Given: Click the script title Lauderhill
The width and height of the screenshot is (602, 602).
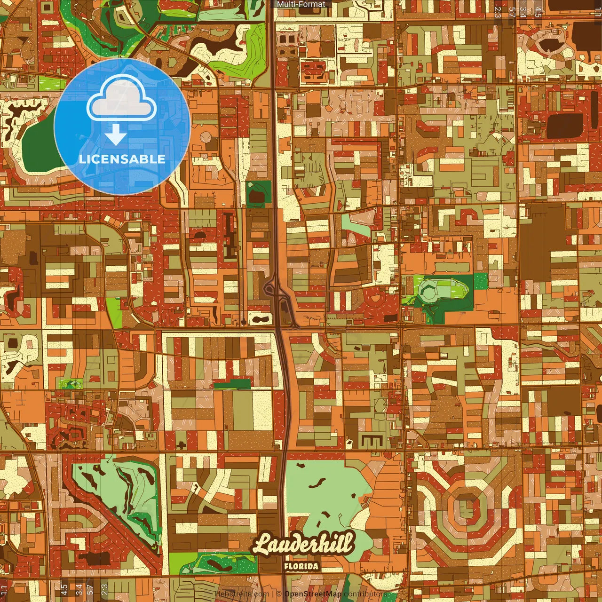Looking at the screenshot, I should point(303,545).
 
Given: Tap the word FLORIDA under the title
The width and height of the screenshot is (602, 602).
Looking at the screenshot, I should point(301,566).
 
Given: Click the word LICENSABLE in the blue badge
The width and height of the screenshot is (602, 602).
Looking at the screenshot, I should point(122,159).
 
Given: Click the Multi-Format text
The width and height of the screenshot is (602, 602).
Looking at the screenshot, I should point(301,4).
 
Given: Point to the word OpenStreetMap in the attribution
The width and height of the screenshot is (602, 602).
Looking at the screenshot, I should point(312,594).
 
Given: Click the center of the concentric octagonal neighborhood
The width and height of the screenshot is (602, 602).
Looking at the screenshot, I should point(467,507).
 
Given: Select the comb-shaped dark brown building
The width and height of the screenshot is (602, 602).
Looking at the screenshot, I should point(372,442).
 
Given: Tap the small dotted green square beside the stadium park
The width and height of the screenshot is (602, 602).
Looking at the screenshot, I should point(481,281).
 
